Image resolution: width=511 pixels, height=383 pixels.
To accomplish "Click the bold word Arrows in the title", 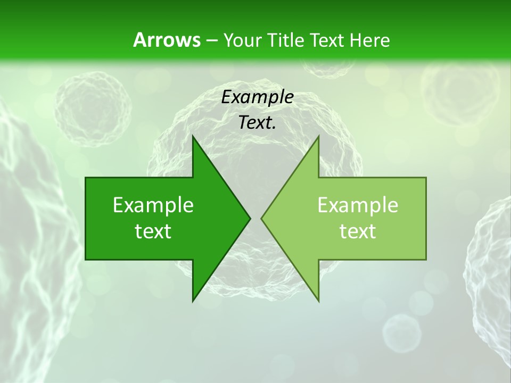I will coord(167,40).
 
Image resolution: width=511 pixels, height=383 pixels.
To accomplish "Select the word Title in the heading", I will coord(287,40).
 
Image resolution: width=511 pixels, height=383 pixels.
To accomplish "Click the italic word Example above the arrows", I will coord(257,97).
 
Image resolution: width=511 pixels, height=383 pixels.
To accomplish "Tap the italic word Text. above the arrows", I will coord(257,123).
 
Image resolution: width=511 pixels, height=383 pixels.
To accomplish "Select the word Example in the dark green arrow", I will coord(153,205).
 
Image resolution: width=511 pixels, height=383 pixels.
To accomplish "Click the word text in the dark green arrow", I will coord(153,231).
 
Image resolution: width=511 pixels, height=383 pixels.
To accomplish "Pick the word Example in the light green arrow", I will coord(358,205).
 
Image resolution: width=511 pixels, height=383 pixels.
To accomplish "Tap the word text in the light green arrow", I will coord(358,231).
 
